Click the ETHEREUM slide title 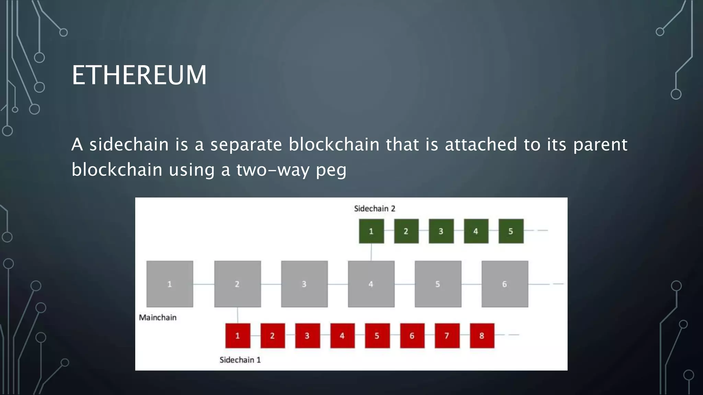(139, 75)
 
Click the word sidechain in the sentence (129, 144)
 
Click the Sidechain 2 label (374, 208)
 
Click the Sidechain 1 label (240, 360)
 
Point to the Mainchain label (158, 318)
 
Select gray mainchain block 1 (170, 284)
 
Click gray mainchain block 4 (371, 284)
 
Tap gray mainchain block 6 (505, 284)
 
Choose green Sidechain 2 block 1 (371, 231)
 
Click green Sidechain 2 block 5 (511, 231)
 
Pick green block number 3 (441, 231)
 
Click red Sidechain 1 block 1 (238, 336)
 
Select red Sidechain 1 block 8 (482, 336)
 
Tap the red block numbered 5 (377, 336)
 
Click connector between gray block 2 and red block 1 (238, 315)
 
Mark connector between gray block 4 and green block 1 (371, 252)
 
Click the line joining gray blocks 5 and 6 (471, 284)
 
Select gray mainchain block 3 (304, 284)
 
